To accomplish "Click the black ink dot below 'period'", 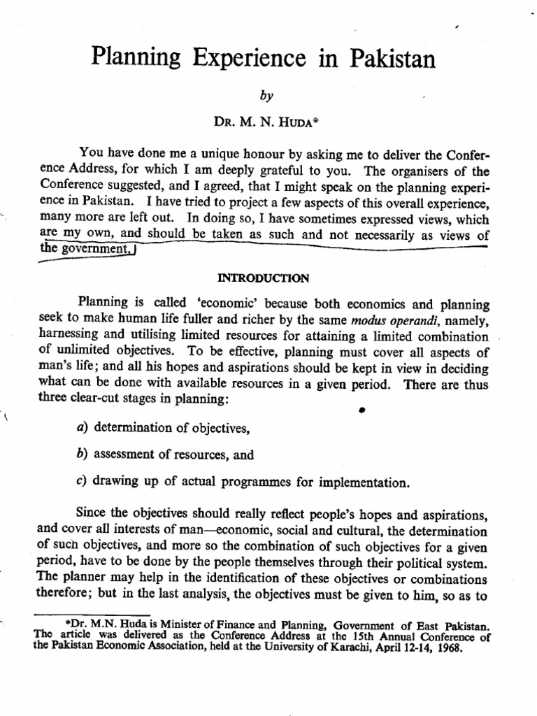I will tap(363, 411).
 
